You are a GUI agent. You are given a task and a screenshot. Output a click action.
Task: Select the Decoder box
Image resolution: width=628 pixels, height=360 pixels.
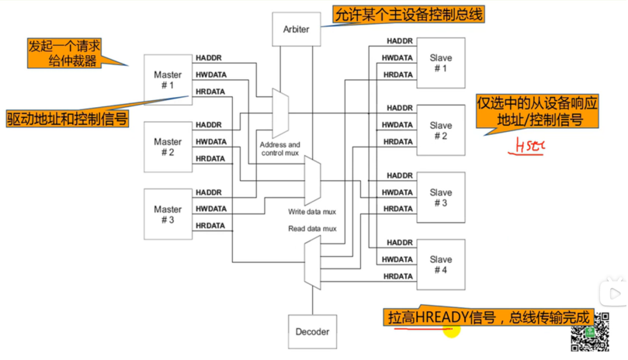click(x=312, y=332)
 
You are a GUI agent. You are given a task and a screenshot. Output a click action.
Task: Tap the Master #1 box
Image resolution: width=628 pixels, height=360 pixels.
click(x=168, y=80)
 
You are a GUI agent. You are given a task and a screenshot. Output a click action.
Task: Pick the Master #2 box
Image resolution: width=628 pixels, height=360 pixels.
click(x=168, y=147)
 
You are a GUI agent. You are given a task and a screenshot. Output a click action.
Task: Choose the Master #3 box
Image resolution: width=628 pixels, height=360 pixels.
click(x=168, y=214)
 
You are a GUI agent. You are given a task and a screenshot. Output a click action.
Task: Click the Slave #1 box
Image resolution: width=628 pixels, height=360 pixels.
click(x=441, y=63)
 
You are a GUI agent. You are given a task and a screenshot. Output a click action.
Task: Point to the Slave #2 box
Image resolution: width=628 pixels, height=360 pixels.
click(x=441, y=130)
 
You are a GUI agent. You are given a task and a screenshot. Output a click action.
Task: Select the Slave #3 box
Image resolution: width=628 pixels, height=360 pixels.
click(x=441, y=198)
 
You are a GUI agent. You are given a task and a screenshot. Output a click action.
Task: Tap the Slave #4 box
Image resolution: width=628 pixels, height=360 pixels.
click(x=441, y=265)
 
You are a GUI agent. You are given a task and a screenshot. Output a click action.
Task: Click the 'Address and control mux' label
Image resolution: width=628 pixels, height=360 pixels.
click(x=279, y=149)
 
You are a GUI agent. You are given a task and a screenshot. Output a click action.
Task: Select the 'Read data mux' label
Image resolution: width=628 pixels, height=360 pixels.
click(x=312, y=229)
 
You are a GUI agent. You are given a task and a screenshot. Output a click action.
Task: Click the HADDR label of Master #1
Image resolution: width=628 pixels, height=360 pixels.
click(x=209, y=58)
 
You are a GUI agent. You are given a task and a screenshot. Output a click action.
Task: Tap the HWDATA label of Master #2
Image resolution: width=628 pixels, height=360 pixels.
click(x=211, y=142)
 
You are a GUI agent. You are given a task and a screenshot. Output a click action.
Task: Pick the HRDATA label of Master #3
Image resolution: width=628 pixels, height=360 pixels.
click(x=210, y=226)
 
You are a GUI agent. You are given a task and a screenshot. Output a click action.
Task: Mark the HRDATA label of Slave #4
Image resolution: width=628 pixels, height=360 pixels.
click(x=398, y=276)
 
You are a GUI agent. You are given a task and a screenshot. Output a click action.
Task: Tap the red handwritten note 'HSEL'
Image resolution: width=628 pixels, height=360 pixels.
click(x=527, y=145)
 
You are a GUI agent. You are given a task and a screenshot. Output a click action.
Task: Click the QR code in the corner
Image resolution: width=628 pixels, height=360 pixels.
click(x=588, y=337)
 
